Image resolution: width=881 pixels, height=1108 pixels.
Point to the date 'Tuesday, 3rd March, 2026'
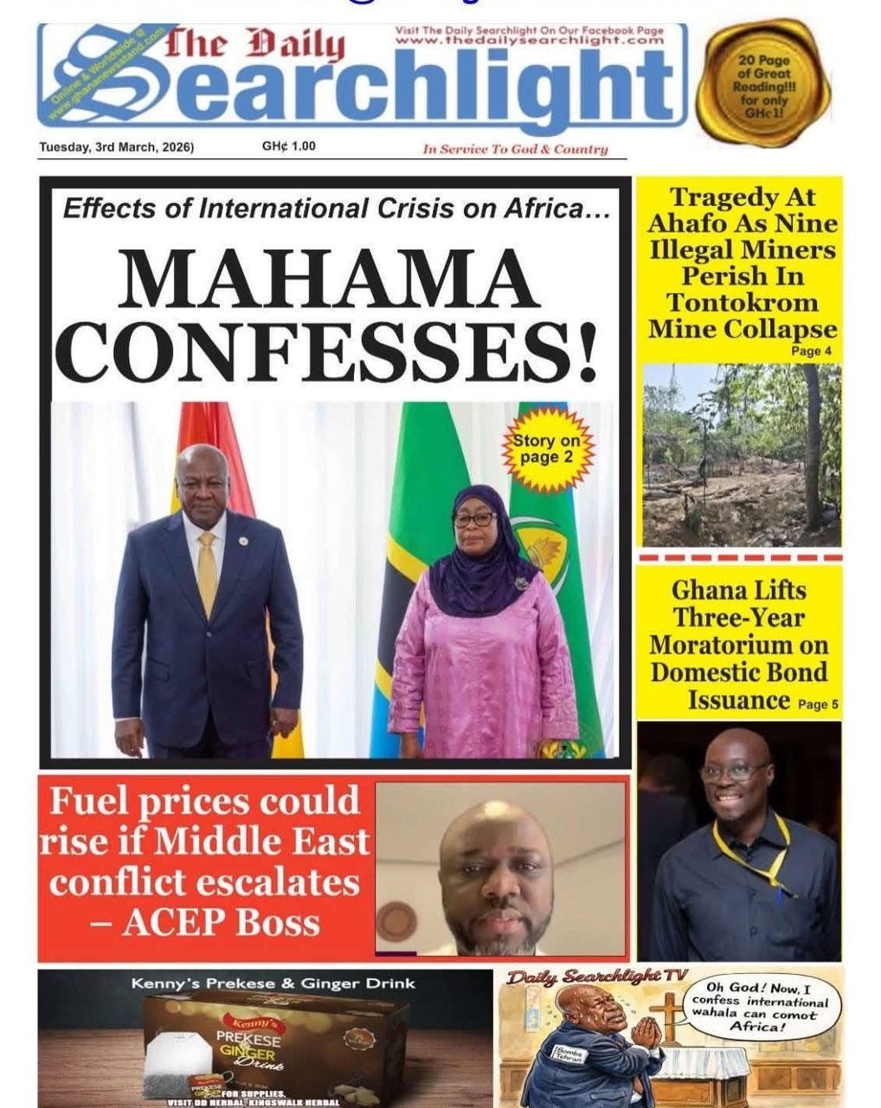click(x=117, y=146)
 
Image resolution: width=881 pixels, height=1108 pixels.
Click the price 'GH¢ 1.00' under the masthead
click(x=288, y=145)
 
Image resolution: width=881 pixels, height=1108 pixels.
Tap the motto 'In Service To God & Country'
click(x=515, y=149)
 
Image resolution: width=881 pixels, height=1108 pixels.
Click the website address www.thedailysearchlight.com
click(x=529, y=40)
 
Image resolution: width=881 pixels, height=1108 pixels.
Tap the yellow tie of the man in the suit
click(x=207, y=571)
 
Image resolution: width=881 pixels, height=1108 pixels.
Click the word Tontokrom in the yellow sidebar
click(x=742, y=302)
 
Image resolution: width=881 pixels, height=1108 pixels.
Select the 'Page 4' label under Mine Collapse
click(x=811, y=351)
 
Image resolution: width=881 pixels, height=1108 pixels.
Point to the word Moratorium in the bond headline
click(x=739, y=645)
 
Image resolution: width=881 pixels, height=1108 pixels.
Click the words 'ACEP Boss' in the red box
click(x=220, y=922)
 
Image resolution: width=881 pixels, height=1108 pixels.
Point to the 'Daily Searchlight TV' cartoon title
click(x=597, y=976)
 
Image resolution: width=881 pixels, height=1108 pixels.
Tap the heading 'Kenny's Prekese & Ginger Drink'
click(x=273, y=983)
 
